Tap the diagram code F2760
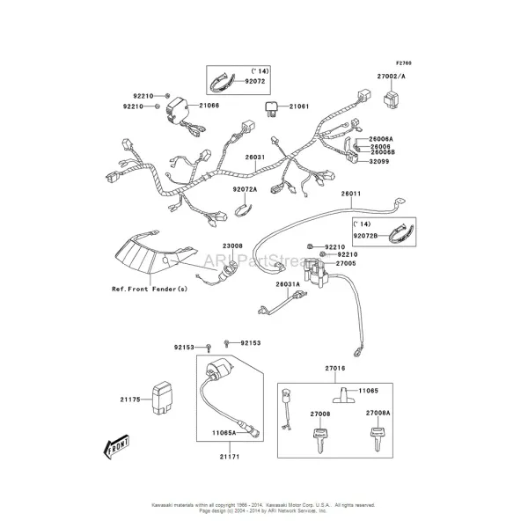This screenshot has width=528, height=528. tap(404, 63)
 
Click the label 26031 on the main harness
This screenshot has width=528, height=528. tap(254, 158)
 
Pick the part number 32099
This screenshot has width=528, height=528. tap(380, 161)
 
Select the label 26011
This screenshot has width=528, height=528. tap(351, 194)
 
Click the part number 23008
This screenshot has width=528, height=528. tap(232, 246)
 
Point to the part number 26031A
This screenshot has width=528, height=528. tap(287, 284)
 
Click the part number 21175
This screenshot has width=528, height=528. tap(130, 400)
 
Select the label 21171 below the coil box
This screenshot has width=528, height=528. tap(228, 458)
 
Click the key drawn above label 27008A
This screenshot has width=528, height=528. tap(379, 432)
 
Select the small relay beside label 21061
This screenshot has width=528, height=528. tap(272, 108)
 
